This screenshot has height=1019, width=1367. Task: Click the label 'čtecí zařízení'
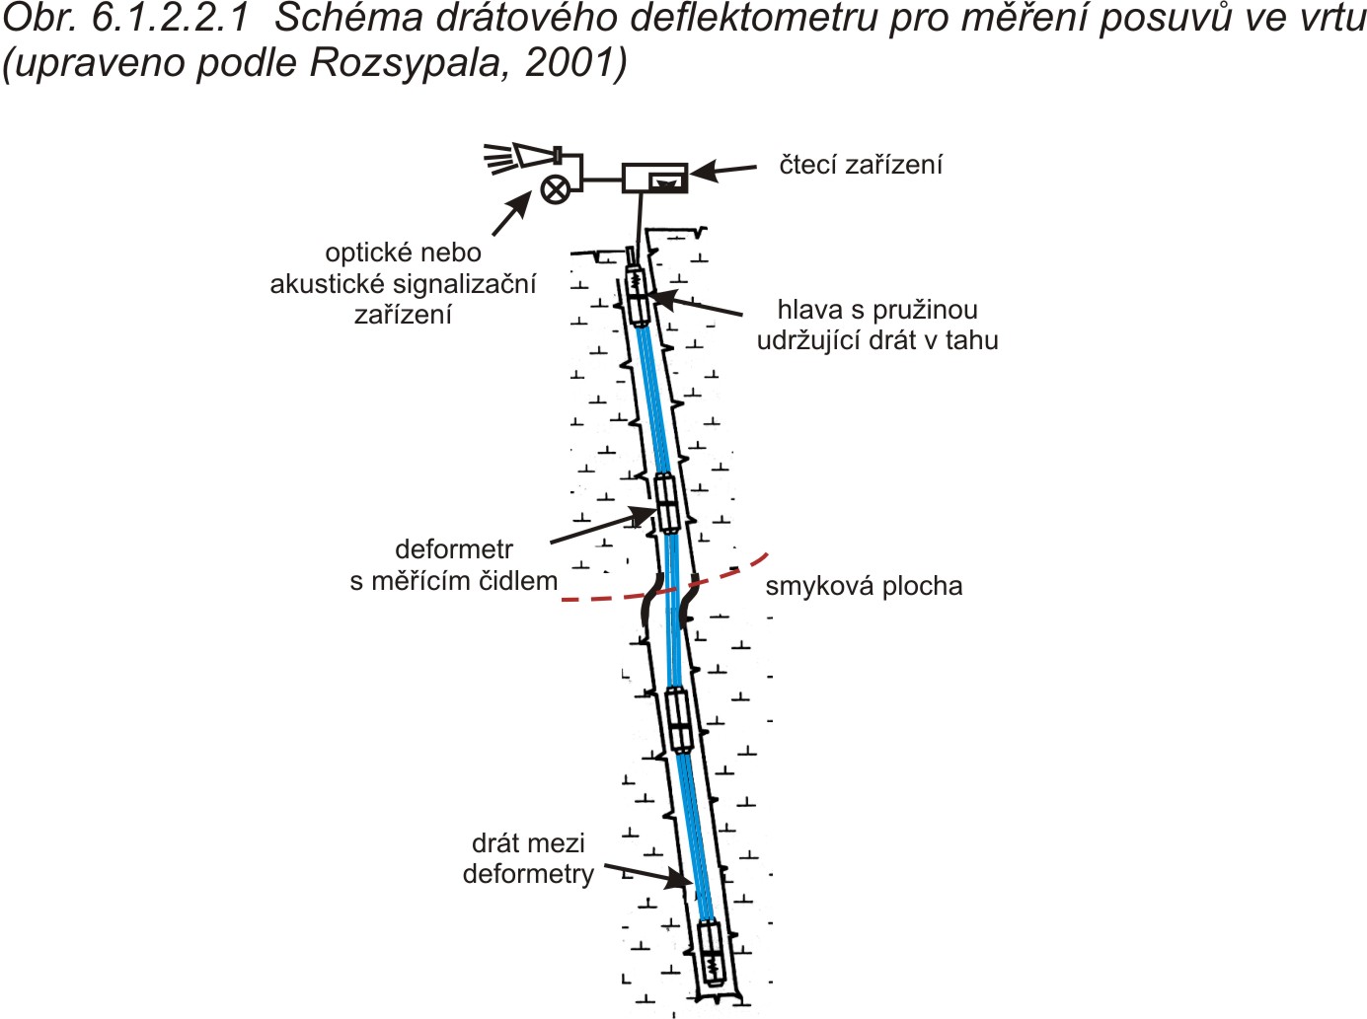point(860,165)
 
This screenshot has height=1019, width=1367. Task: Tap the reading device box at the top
point(654,178)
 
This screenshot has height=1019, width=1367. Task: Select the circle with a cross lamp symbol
point(555,188)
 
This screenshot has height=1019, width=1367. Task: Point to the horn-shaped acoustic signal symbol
point(522,158)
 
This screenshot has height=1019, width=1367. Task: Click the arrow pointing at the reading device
point(723,171)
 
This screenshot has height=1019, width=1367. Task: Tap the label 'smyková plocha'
point(864,586)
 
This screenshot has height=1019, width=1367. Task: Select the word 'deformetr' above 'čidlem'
point(454,549)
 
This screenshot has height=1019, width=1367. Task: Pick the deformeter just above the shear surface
point(666,503)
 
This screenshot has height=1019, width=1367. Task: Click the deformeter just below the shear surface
point(679,719)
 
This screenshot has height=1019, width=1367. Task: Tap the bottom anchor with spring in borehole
point(710,952)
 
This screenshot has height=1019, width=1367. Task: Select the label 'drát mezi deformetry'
point(528,859)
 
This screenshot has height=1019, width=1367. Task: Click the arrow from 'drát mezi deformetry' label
point(648,875)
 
